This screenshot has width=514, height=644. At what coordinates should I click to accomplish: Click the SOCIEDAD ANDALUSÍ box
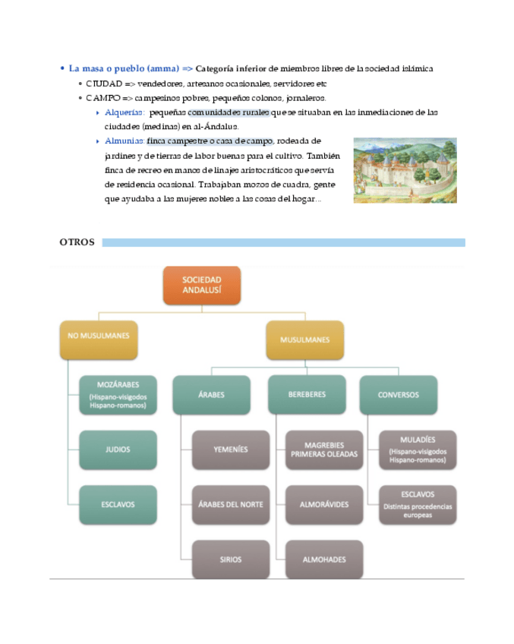tap(201, 285)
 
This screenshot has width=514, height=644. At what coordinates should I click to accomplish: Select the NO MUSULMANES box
tap(98, 339)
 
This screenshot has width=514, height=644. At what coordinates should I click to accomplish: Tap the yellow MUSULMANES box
tap(304, 339)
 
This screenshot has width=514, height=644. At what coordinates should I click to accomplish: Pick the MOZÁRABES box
tap(118, 395)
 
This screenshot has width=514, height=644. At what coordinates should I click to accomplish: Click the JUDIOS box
tap(118, 450)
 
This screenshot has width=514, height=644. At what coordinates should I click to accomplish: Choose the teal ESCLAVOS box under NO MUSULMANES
tap(118, 504)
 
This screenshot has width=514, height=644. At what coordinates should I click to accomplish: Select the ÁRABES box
tap(211, 395)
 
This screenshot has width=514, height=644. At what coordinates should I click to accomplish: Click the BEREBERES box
tap(307, 395)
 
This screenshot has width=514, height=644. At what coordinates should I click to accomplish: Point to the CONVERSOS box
tap(399, 395)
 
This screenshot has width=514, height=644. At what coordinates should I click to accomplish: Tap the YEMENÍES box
tap(231, 450)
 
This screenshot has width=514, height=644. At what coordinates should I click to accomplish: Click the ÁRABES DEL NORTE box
tap(231, 504)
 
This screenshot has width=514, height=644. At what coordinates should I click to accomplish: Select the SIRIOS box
tap(231, 560)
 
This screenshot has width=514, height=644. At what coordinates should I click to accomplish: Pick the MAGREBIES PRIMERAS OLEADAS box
tap(325, 450)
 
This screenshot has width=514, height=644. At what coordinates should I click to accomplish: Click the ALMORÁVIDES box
tap(325, 504)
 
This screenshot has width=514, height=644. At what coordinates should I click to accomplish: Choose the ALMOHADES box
tap(325, 560)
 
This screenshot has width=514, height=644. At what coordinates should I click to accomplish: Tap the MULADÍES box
tap(418, 450)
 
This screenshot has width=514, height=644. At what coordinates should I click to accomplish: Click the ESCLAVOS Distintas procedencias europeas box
tap(418, 504)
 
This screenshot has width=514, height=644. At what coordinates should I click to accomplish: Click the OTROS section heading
tap(77, 242)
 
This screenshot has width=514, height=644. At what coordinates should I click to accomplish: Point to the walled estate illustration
tap(405, 170)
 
